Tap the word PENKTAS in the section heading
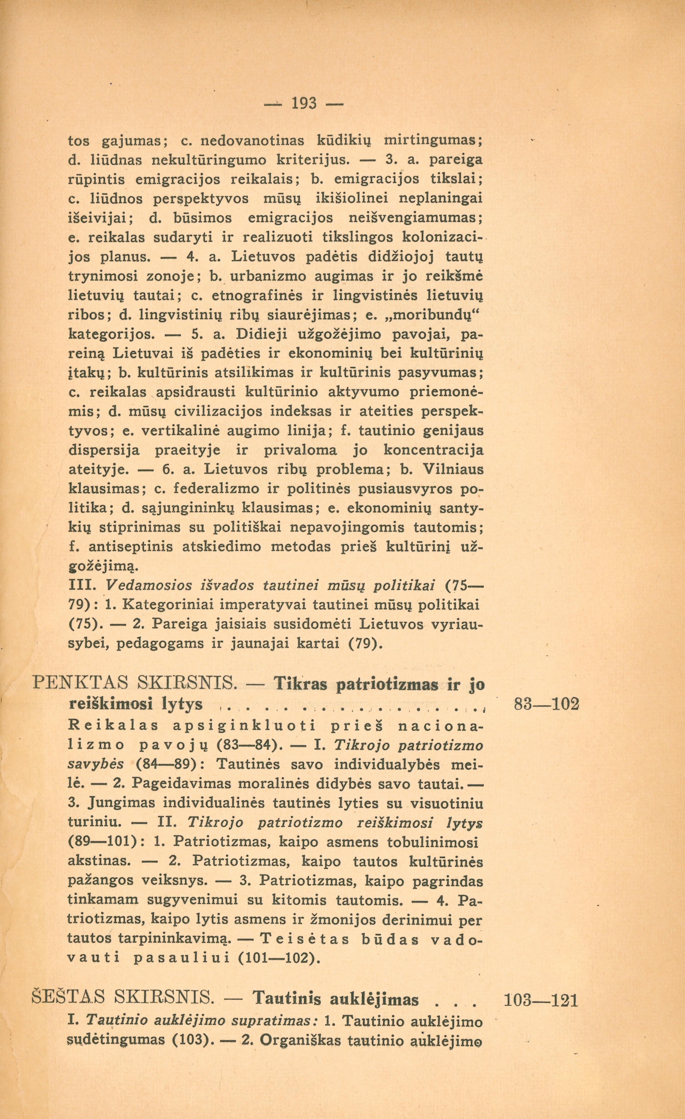point(80,685)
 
